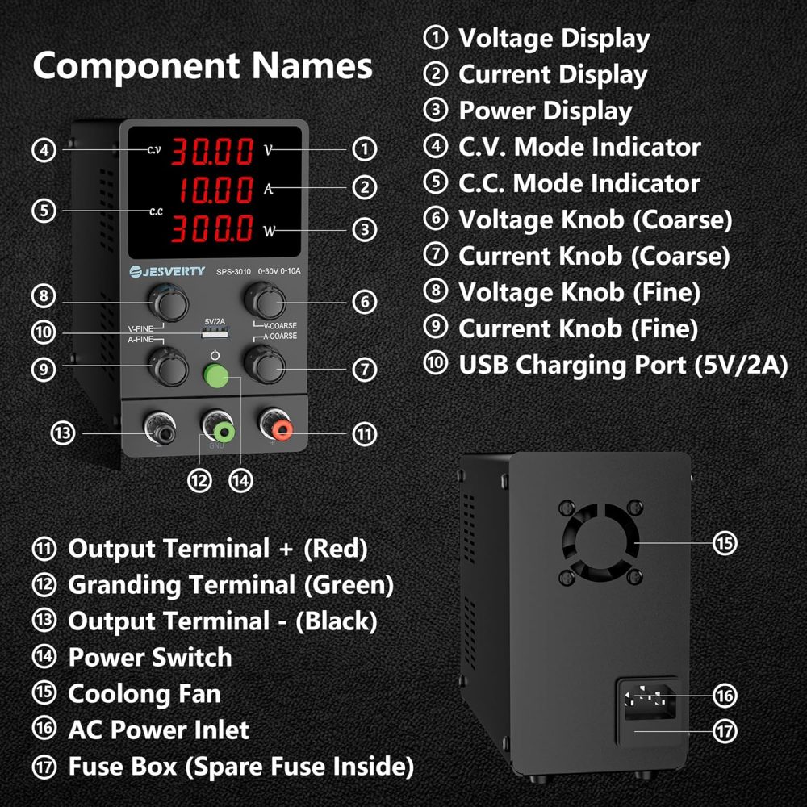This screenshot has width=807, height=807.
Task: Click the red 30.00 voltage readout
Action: (211, 151)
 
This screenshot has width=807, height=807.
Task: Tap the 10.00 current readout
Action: (215, 191)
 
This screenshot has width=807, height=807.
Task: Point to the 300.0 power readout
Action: (211, 229)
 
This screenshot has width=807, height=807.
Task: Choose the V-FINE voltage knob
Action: (169, 303)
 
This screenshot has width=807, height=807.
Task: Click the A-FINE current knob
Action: (169, 367)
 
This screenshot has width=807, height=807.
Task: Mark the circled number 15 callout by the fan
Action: (725, 542)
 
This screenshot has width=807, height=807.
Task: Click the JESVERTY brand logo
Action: (168, 270)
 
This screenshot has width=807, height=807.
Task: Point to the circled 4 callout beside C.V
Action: (44, 150)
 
